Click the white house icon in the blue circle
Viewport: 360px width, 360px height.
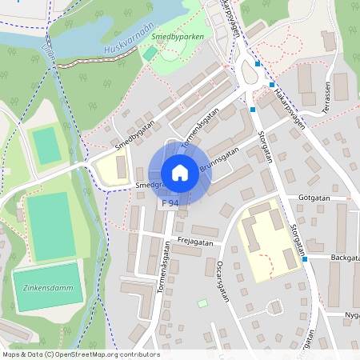point(179,173)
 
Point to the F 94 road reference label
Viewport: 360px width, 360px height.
point(170,205)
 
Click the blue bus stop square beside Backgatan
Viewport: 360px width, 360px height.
point(305,259)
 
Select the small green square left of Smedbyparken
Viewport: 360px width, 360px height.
point(150,53)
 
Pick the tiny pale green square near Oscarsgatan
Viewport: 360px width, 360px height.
point(202,303)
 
